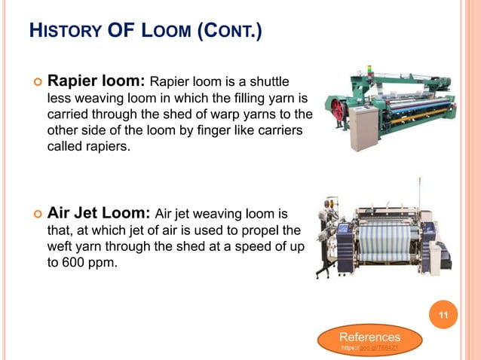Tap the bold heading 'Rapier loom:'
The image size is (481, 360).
click(x=98, y=80)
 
